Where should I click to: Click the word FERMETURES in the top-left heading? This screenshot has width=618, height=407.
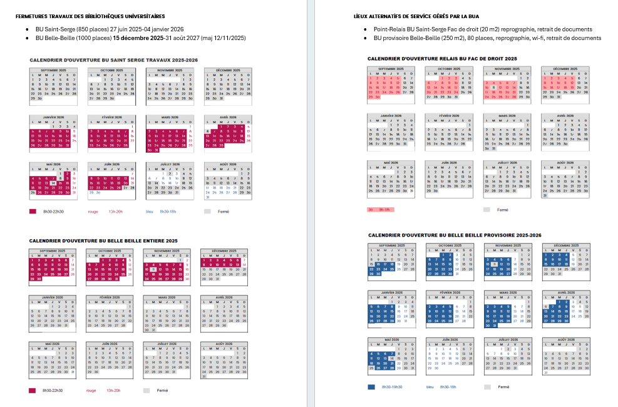30,15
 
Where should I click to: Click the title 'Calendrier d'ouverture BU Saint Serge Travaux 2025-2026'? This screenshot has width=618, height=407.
113,59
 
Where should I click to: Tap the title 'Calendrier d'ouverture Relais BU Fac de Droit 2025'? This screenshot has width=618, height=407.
442,58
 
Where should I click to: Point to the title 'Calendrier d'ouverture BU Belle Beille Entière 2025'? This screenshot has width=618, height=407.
103,240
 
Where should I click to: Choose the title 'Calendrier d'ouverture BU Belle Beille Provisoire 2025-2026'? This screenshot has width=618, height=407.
455,235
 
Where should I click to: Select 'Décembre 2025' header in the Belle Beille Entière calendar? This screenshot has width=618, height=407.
224,250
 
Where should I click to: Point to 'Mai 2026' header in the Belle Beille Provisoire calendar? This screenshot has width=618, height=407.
391,339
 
